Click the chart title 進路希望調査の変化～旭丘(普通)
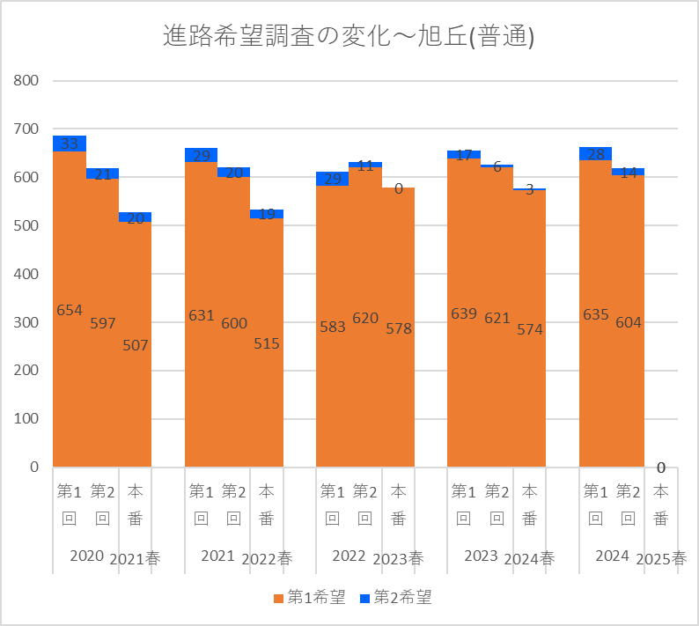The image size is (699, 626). [349, 36]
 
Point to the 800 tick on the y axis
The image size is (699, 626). [27, 81]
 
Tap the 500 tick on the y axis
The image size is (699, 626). [27, 226]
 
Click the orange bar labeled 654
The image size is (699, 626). [70, 370]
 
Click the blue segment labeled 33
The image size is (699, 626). [70, 144]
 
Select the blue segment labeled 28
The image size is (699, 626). [596, 154]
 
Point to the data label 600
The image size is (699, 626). [234, 323]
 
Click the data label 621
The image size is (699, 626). [497, 318]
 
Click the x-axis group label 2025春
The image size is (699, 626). [660, 558]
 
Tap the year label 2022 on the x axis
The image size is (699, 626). [349, 556]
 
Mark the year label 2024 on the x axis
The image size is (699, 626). [612, 556]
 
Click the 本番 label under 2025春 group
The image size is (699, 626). [661, 504]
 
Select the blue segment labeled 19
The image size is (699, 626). [267, 214]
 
